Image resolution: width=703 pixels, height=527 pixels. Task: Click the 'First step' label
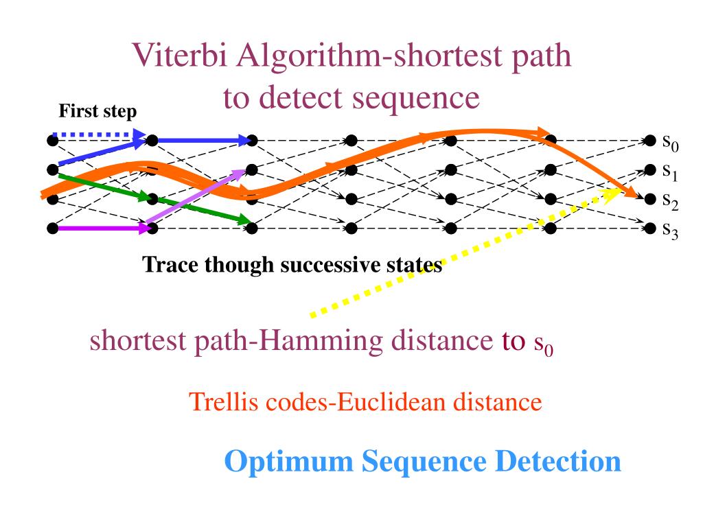click(97, 110)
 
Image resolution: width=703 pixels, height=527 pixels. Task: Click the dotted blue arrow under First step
click(97, 134)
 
